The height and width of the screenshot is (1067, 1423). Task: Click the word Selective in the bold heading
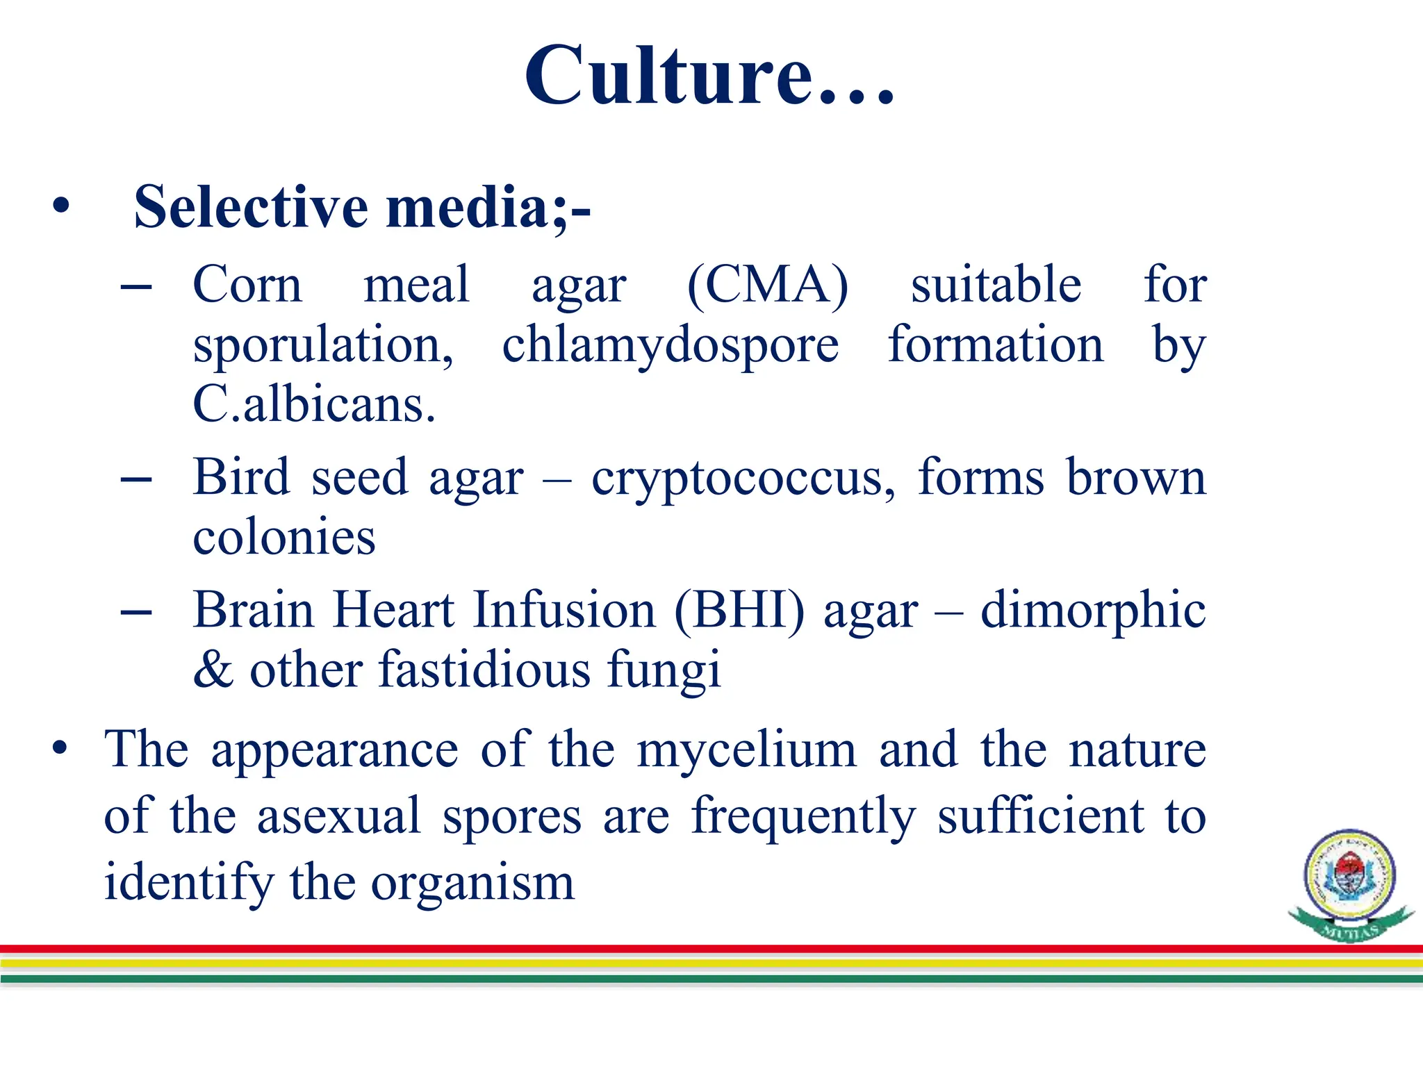251,207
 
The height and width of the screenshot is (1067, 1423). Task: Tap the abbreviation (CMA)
768,286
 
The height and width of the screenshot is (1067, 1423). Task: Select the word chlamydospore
671,346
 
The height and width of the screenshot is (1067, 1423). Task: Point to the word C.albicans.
314,405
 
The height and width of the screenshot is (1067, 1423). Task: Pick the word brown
1136,478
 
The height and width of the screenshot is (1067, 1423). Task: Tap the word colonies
284,538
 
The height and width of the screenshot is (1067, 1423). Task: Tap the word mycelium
747,750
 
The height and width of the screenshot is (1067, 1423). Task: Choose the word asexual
339,816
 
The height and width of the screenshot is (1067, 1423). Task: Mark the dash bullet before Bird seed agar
136,479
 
